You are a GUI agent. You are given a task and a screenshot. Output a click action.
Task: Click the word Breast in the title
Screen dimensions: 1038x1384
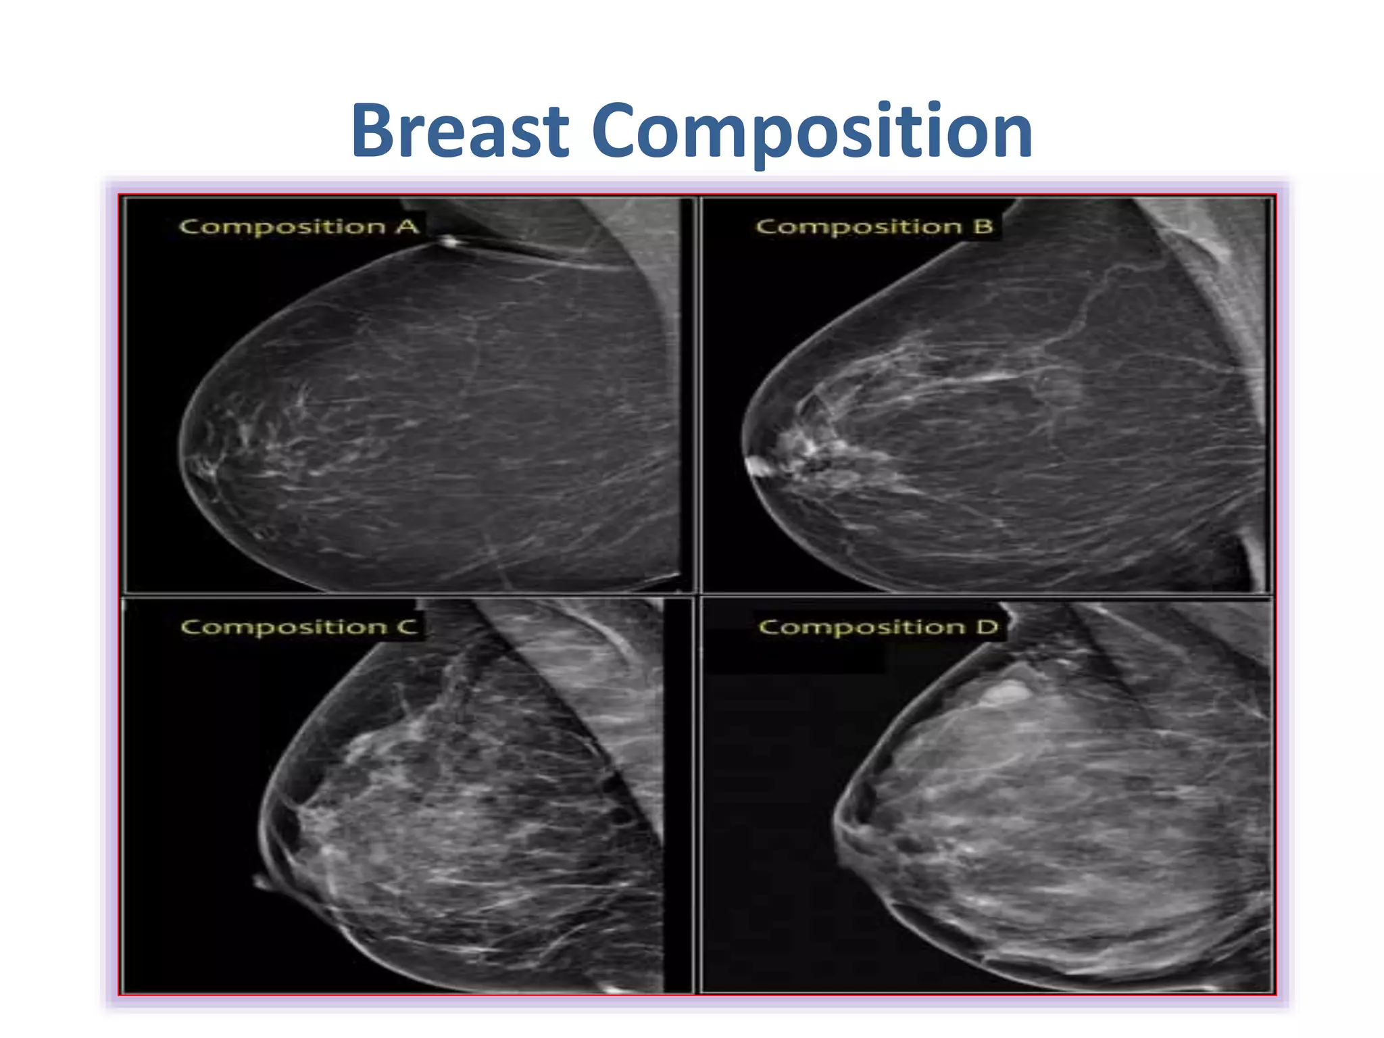pos(460,131)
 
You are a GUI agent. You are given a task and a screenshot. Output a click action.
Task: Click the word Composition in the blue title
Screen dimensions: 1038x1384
pos(812,131)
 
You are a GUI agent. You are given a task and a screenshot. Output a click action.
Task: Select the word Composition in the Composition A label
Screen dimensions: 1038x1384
pos(282,227)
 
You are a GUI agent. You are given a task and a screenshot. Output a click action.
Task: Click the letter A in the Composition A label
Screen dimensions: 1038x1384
pos(407,226)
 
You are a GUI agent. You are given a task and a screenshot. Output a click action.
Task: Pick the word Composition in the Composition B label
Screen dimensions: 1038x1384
pos(858,227)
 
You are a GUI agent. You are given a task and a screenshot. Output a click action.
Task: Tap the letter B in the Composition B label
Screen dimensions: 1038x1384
pos(983,226)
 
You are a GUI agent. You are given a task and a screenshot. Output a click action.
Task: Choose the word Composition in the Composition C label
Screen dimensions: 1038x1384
pos(284,628)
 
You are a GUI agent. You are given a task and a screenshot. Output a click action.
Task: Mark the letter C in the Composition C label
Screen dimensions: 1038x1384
pos(407,626)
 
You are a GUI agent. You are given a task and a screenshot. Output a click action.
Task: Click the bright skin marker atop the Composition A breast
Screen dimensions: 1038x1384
pos(449,241)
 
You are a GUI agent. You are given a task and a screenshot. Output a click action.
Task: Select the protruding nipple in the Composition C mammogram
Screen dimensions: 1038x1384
pos(260,881)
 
